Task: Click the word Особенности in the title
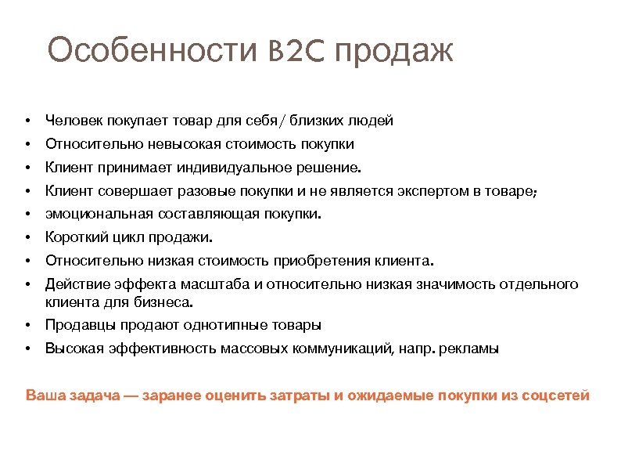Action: point(151,52)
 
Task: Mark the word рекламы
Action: point(470,349)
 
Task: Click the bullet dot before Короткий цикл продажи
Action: point(27,237)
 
